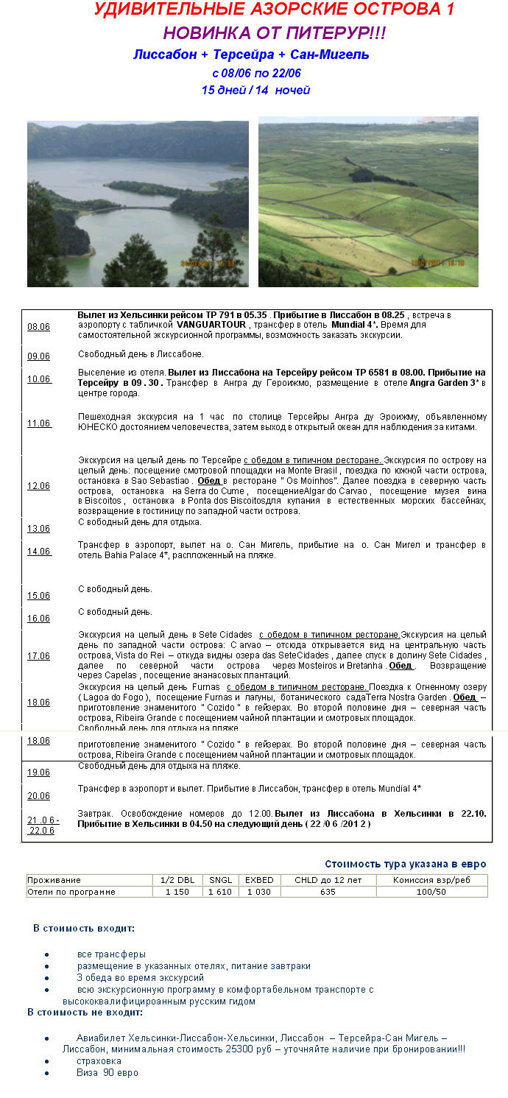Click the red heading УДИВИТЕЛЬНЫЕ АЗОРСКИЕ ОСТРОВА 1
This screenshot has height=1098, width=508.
coord(274,10)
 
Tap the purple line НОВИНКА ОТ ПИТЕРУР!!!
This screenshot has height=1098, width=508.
coord(274,33)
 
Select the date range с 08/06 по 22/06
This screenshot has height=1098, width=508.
coord(255,73)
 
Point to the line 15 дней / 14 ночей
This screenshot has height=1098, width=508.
coord(255,90)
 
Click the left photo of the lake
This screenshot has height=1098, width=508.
coord(138,203)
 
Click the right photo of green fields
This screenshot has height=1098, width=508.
coord(368,201)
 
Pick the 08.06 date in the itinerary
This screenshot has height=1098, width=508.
coord(38,327)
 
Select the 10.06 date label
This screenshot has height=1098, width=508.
coord(39,379)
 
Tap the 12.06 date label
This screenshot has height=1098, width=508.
coord(38,486)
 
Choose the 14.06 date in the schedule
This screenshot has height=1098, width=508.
coord(39,552)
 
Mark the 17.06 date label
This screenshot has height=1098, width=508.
coord(38,656)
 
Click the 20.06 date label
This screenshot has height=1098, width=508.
coord(38,796)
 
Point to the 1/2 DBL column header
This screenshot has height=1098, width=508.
coord(177,880)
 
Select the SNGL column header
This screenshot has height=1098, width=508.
coord(220,880)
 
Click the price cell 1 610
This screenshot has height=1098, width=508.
coord(220,892)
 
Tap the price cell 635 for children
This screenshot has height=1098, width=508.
coord(328,892)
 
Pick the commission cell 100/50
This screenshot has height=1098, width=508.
coord(431,892)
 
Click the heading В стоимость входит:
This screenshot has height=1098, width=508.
coord(83,928)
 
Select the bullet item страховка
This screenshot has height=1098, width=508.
coord(99,1061)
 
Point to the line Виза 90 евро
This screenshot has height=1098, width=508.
coord(107,1073)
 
